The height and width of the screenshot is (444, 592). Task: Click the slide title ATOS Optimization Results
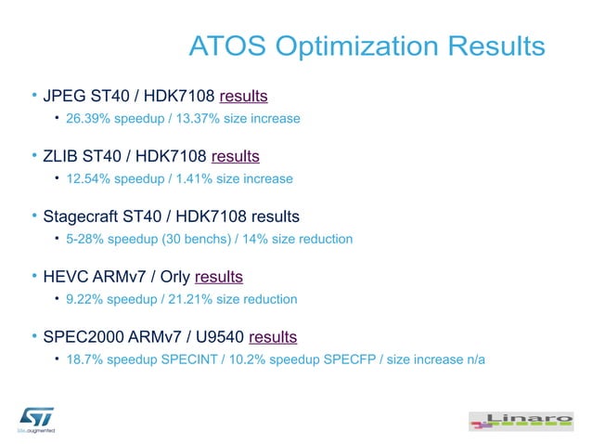[367, 46]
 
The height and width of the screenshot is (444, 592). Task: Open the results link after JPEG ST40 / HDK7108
[244, 96]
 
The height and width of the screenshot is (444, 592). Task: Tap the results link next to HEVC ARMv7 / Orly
[219, 277]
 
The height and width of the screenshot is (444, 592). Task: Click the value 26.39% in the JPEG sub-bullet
[87, 119]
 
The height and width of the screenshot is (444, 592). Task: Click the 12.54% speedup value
[87, 179]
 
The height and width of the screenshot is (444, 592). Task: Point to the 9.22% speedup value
[84, 299]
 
